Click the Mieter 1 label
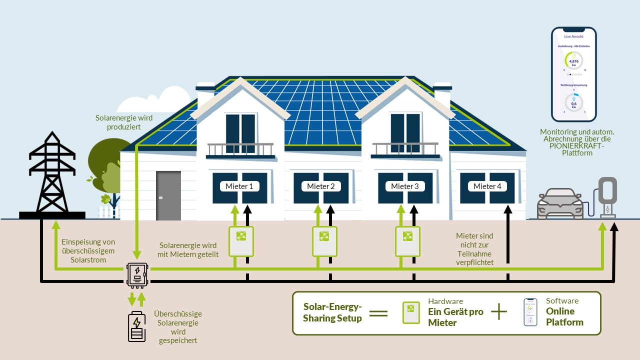point(240,186)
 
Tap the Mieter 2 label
point(321,186)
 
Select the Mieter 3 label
point(405,186)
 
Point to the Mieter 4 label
point(487,186)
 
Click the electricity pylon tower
point(52,175)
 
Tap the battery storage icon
point(136,327)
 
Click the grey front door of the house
point(168,195)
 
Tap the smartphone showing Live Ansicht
point(574,74)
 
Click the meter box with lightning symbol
point(136,274)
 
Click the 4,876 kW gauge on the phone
point(573,61)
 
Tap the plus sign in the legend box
point(499,312)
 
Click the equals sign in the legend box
point(378,313)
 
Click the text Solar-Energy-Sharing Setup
point(332,312)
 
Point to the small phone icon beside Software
point(530,312)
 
